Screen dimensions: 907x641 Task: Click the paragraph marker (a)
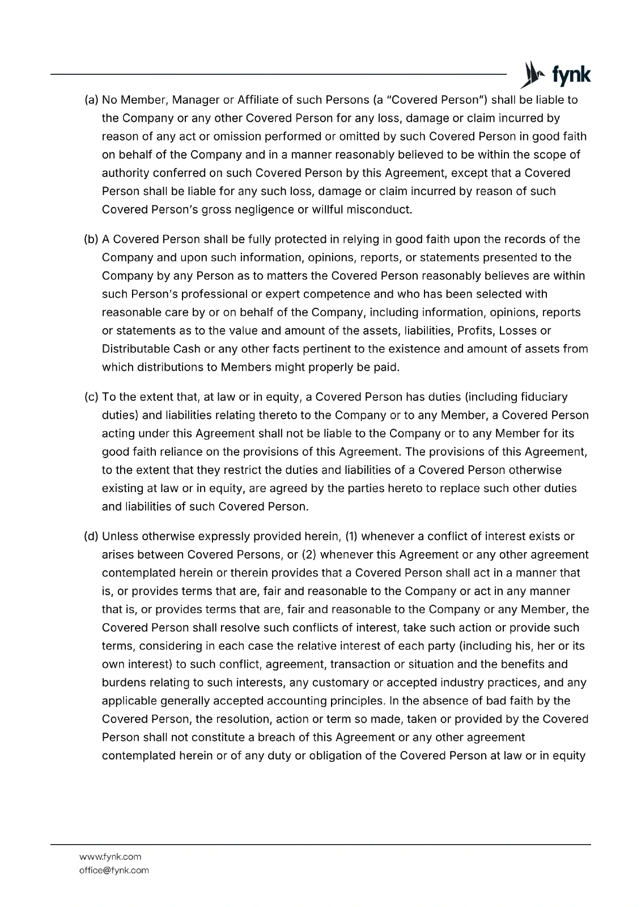click(x=92, y=100)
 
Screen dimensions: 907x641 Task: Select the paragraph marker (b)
click(x=92, y=240)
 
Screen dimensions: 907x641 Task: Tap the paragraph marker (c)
click(x=92, y=397)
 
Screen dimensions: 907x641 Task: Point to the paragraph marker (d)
click(x=92, y=537)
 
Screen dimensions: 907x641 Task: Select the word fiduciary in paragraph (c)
click(x=542, y=397)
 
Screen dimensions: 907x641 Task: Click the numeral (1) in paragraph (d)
click(x=350, y=537)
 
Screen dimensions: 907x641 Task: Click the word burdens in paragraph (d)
click(x=121, y=683)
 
